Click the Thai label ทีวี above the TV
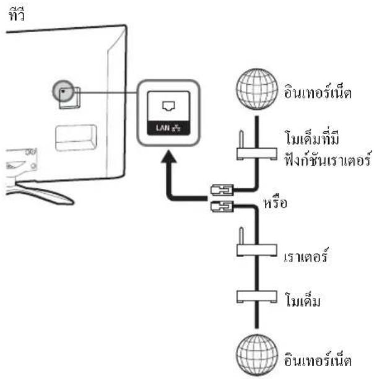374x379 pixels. click(17, 14)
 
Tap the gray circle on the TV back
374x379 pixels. click(63, 91)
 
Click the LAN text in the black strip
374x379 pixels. click(163, 128)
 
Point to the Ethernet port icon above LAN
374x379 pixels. click(168, 106)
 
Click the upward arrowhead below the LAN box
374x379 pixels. click(169, 157)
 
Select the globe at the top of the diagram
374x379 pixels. click(257, 89)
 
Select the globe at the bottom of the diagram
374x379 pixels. click(257, 355)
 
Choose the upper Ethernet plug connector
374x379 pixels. click(222, 189)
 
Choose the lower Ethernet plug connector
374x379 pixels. click(222, 206)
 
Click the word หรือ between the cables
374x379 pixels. click(276, 203)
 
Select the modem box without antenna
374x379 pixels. click(256, 297)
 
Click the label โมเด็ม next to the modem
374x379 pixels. click(303, 300)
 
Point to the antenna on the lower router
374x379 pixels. click(241, 236)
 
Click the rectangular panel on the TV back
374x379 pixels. click(76, 137)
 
